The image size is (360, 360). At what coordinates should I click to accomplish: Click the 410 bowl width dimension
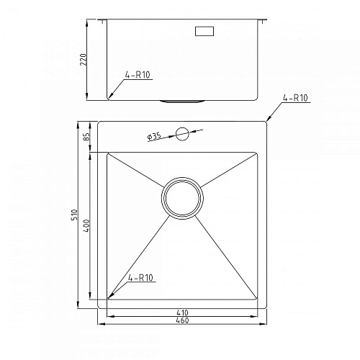click(182, 313)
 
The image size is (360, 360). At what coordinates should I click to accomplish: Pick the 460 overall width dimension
click(182, 321)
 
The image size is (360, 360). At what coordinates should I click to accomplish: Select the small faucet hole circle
click(181, 133)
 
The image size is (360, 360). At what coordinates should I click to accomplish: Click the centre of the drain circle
click(182, 198)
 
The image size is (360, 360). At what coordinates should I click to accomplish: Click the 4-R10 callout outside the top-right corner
click(295, 97)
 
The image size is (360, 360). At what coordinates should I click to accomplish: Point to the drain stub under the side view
click(181, 101)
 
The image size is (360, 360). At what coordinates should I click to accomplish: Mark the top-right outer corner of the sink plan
click(268, 121)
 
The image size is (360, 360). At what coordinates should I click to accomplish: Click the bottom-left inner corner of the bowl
click(108, 300)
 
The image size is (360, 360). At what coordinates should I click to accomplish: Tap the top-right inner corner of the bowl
click(257, 153)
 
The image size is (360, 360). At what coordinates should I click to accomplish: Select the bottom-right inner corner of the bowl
click(257, 300)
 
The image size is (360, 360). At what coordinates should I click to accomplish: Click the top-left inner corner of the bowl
click(108, 153)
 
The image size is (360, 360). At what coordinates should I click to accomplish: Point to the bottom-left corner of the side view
click(108, 99)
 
